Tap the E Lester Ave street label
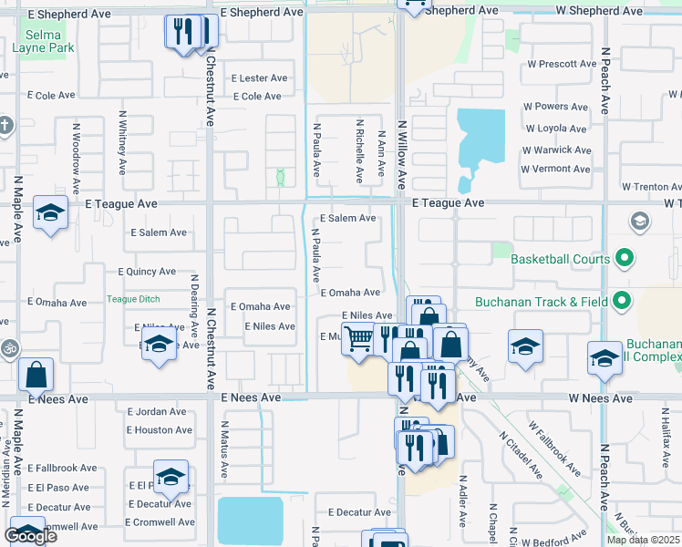[261, 78]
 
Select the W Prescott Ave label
[562, 65]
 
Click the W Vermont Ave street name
[556, 169]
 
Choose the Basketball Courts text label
[560, 260]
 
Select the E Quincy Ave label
[147, 272]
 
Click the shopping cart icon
[359, 339]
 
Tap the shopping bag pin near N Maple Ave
[36, 374]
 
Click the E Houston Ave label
[160, 430]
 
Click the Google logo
[30, 536]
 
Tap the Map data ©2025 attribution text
[643, 540]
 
